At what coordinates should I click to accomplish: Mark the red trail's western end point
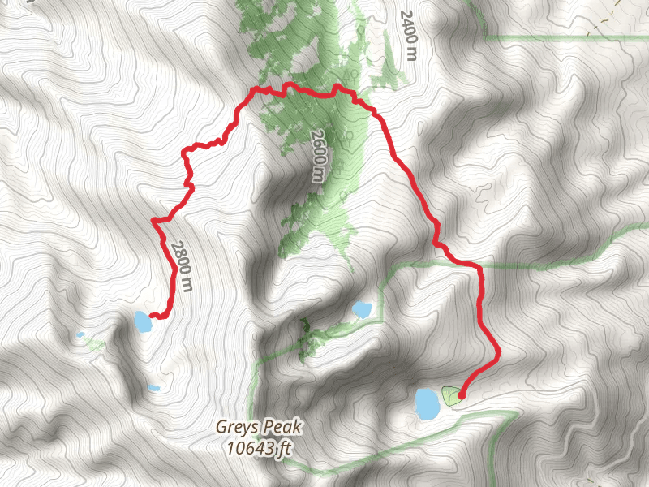coord(153,317)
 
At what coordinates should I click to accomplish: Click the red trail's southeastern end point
coord(461,396)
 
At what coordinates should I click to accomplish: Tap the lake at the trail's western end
coord(142,322)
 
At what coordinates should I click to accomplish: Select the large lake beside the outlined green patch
coord(426,403)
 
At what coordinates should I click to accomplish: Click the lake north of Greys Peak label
coord(361,309)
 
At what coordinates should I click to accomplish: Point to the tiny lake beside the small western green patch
coord(80,334)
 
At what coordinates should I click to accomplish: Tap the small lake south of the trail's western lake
coord(153,387)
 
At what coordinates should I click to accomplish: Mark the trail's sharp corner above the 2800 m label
coord(154,220)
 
